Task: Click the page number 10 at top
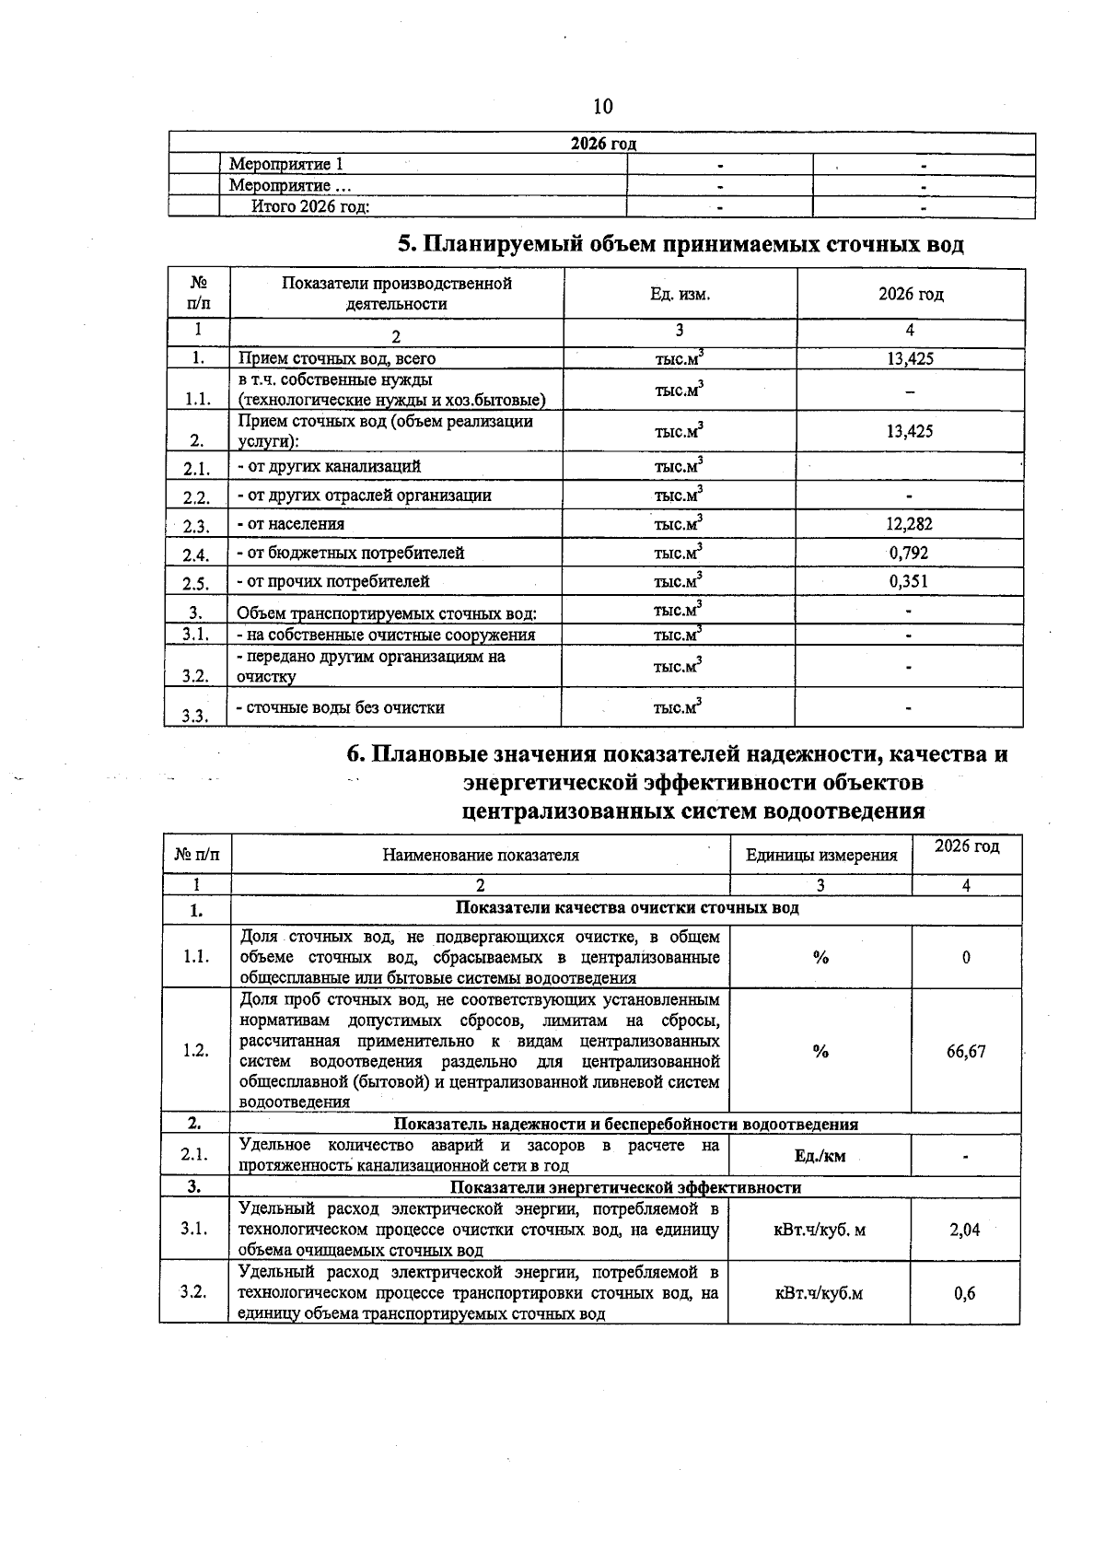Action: pos(602,106)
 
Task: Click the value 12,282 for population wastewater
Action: pos(910,524)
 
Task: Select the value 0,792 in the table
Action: pos(910,553)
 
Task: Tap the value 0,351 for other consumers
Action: pos(910,581)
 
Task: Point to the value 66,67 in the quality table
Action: pos(966,1051)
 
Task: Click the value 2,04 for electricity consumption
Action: pos(965,1229)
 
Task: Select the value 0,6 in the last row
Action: pos(965,1293)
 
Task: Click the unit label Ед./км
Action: pos(820,1156)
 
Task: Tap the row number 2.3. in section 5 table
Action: pos(196,527)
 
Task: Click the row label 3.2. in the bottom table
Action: pos(193,1292)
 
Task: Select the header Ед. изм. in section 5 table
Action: pos(680,294)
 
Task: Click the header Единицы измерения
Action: pos(820,855)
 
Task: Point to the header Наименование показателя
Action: pos(481,855)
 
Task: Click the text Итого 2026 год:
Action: pos(311,206)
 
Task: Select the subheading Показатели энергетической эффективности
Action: pos(625,1186)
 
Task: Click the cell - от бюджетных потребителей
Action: pos(351,553)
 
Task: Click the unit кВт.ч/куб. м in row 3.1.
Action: pos(820,1229)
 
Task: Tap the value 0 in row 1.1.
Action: pos(966,957)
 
